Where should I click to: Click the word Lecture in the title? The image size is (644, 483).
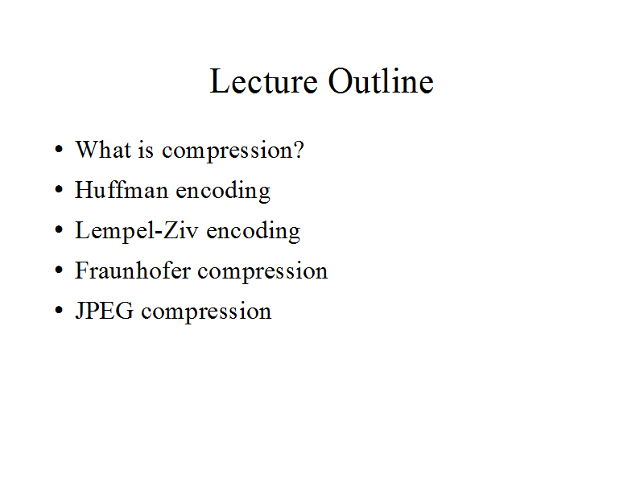tap(264, 81)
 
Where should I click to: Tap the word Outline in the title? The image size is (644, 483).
tap(381, 81)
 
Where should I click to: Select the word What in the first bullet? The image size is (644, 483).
tap(104, 150)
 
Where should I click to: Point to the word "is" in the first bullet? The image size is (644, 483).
tap(146, 150)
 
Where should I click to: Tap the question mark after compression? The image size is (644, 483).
tap(299, 150)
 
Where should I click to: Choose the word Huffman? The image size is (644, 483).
tap(122, 190)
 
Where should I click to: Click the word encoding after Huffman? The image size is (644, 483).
tap(224, 192)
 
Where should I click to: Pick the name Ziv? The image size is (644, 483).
tap(181, 230)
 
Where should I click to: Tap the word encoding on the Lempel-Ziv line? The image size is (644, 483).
tap(254, 232)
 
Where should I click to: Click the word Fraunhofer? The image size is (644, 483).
tap(133, 270)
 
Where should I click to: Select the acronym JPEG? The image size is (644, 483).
tap(105, 311)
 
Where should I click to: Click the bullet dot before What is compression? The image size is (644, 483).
tap(59, 149)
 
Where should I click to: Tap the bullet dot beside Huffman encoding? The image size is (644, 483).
tap(59, 189)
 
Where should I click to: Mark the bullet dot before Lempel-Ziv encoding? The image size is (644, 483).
tap(59, 229)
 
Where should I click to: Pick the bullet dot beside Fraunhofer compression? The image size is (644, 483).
tap(59, 270)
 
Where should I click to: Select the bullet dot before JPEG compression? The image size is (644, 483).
tap(59, 310)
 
